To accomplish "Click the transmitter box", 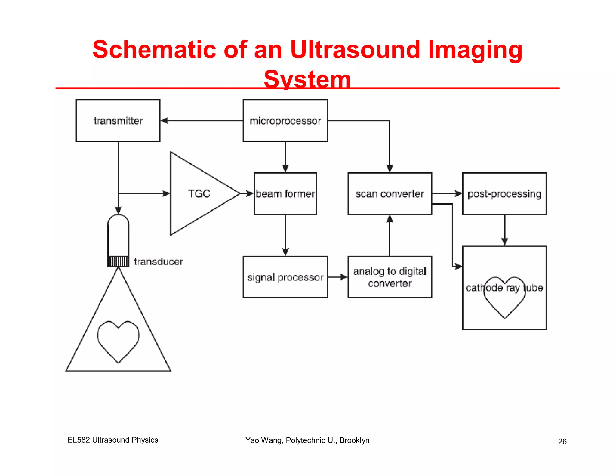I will coord(118,121).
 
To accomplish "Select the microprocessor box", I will coord(285,121).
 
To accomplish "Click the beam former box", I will coord(285,193).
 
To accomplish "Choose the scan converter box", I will coord(390,193).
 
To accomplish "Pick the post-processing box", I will coord(504,193).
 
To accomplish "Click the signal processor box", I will coord(285,277).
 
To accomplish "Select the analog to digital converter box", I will coord(390,277).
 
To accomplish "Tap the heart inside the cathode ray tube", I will coord(505,301).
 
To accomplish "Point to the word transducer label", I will coord(159,262).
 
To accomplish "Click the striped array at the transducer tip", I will coord(118,261).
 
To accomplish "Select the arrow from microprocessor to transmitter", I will coord(202,121).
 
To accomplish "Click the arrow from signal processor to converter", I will coord(337,277).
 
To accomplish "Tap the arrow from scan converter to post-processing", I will coord(447,193).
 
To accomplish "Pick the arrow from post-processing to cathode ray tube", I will coord(505,230).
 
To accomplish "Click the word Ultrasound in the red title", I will coord(355,50).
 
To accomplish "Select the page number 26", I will coord(562,441).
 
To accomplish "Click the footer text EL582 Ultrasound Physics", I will coord(113,440).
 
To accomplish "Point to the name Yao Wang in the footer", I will coord(264,440).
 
